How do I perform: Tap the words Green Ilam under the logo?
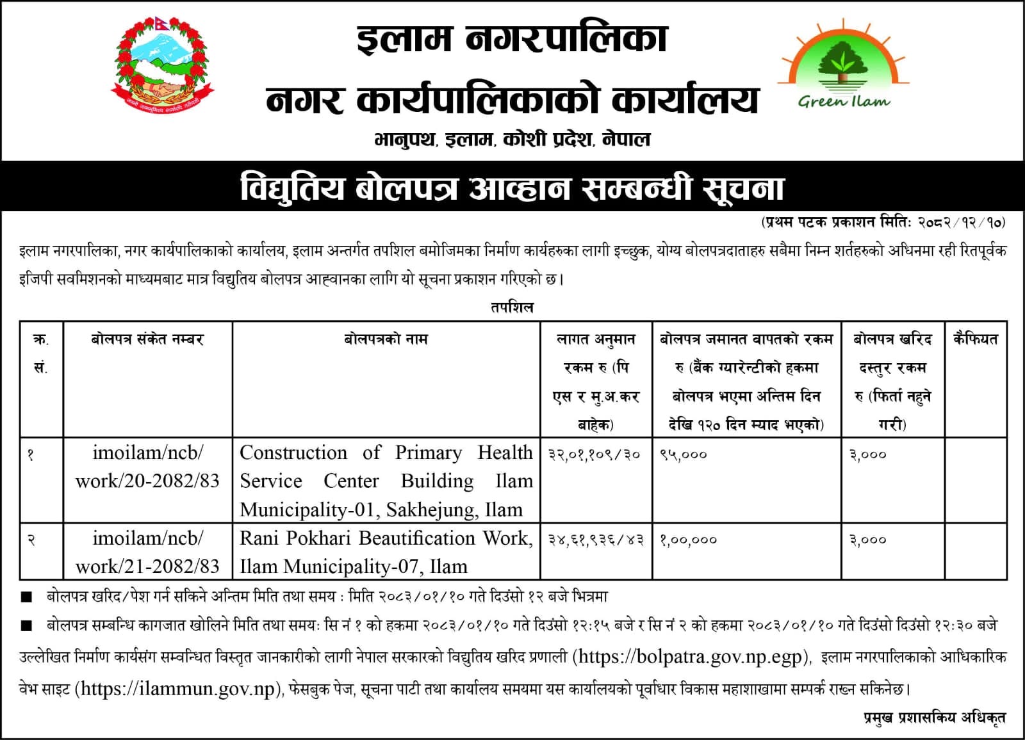point(844,101)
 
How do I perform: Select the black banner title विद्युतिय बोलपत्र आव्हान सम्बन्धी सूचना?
point(512,188)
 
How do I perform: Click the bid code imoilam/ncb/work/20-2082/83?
point(147,467)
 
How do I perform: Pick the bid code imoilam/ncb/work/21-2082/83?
point(147,552)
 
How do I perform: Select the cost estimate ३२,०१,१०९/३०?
point(595,454)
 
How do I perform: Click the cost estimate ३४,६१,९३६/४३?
point(595,540)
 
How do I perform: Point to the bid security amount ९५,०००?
point(684,454)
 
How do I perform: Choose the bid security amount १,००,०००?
point(688,540)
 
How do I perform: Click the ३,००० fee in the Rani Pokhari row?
point(868,540)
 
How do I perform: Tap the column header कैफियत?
point(975,339)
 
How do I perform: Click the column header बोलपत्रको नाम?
point(386,339)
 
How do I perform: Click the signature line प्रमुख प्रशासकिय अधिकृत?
point(934,718)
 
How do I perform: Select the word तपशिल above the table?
point(512,307)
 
